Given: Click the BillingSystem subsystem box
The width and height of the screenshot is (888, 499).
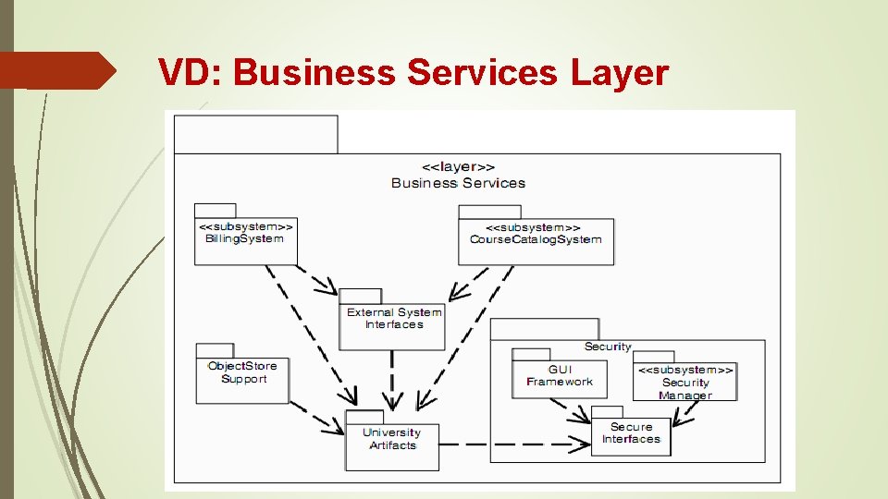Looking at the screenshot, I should click(x=244, y=241).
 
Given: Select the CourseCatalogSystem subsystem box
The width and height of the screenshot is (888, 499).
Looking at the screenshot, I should click(x=536, y=241).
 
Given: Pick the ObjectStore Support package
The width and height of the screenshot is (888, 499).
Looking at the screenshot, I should click(x=242, y=379).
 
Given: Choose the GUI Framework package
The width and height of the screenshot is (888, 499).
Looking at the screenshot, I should click(x=559, y=379).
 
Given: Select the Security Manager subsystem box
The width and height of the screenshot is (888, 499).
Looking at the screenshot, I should click(x=684, y=382).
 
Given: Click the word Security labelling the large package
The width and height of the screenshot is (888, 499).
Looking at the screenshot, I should click(x=608, y=347).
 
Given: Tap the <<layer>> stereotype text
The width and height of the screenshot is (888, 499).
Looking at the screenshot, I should click(x=458, y=167).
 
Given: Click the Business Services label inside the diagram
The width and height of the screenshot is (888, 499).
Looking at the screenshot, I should click(x=458, y=183).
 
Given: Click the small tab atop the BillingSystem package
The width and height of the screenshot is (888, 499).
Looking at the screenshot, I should click(x=215, y=210).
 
